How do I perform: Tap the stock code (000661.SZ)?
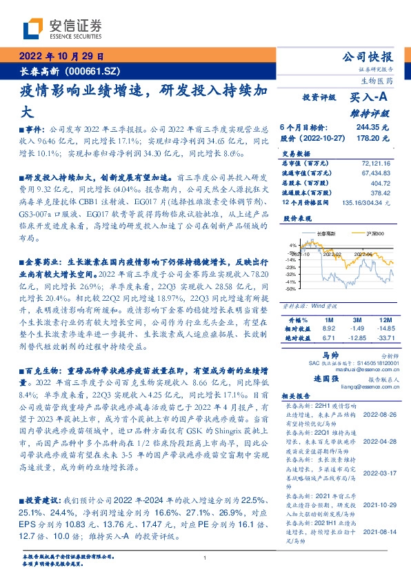pos(94,70)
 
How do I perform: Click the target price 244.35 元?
pos(373,128)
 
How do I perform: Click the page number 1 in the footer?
pos(205,558)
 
